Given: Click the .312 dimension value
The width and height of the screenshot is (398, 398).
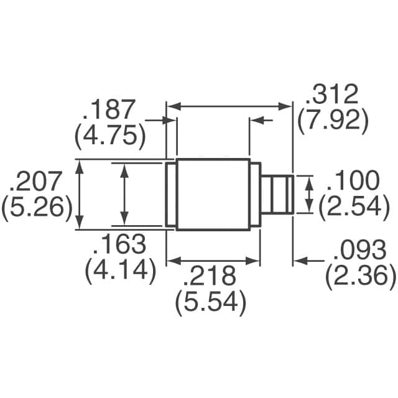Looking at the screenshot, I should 331,95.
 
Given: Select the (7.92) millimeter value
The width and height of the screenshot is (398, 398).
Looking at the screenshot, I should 329,120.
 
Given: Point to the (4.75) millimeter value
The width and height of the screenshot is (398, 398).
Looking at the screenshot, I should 109,135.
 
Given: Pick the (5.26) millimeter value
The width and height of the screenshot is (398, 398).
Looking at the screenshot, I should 34,207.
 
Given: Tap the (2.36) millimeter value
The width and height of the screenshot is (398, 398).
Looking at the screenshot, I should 361,275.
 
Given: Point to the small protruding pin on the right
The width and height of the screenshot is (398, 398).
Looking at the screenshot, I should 276,195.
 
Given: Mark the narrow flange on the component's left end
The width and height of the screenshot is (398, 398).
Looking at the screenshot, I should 171,195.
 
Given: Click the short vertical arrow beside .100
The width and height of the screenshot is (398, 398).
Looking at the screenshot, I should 309,195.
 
